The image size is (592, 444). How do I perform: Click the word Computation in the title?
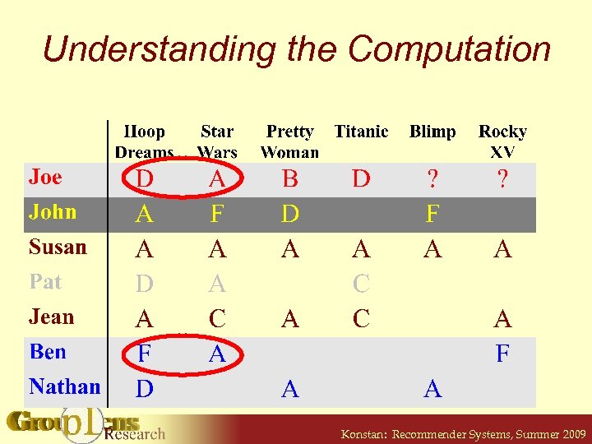449,49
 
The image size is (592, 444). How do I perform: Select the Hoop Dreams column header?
145,141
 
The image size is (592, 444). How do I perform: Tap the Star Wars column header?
217,141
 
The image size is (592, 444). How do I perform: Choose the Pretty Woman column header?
289,141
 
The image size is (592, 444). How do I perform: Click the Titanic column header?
361,132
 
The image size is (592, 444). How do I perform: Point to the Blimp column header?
432,132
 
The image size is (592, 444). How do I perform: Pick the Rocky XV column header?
502,141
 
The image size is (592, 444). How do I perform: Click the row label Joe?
46,177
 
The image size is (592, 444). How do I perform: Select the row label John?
53,212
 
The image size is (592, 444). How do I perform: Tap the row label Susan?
58,247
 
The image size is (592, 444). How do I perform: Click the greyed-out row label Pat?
45,282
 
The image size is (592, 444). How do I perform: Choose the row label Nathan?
64,386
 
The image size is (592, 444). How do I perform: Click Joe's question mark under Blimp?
432,179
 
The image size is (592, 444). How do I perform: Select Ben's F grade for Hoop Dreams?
145,354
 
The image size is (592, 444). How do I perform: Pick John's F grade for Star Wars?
217,215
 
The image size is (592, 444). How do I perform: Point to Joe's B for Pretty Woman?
289,179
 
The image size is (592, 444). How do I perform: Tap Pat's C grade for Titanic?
361,284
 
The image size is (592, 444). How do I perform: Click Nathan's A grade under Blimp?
432,390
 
